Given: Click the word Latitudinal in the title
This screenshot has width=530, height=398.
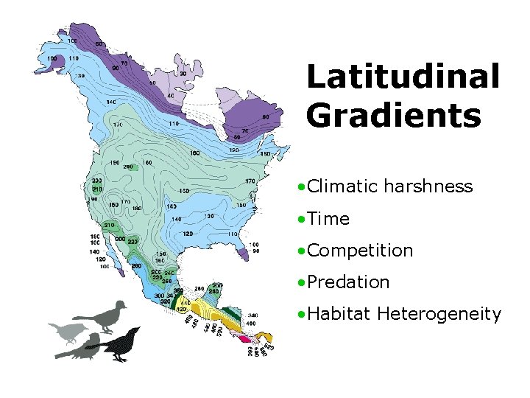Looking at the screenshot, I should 403,77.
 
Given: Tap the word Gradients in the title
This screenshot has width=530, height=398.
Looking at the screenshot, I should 394,116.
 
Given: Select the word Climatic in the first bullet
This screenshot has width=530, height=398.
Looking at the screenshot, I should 342,186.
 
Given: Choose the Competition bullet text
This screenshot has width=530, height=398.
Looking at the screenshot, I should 360,251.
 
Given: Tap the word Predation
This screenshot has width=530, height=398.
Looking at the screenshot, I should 348,282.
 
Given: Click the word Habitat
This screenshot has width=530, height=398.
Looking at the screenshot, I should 339,315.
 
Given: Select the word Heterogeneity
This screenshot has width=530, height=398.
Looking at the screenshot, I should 439,315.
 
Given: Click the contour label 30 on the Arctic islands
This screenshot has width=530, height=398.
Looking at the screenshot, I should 182,74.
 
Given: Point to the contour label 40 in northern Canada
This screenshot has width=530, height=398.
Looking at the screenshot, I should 170,96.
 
